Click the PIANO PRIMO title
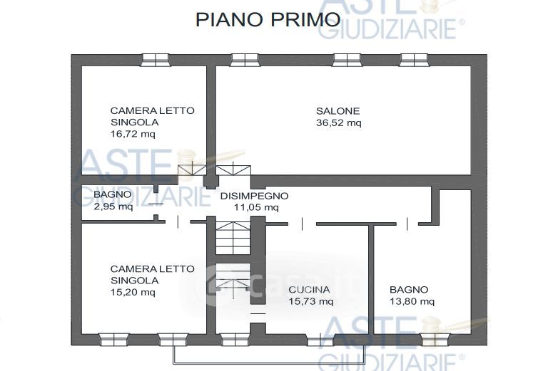point(268,19)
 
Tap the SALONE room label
point(338,111)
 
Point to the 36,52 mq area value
point(338,123)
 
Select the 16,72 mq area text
point(133,134)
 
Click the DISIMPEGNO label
point(254,196)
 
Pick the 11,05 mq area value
point(256,207)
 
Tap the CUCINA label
point(309,290)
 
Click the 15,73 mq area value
point(310,301)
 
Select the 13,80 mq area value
point(412,301)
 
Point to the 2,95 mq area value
point(113,207)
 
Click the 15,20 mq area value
point(133,292)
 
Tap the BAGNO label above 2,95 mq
point(113,194)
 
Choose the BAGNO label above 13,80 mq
point(409,290)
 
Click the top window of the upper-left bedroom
point(155,60)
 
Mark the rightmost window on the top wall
point(414,60)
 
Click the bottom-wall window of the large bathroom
point(435,340)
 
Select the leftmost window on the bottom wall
point(114,340)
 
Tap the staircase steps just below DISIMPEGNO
point(233,238)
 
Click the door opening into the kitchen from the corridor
point(302,224)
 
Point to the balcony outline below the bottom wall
point(269,363)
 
